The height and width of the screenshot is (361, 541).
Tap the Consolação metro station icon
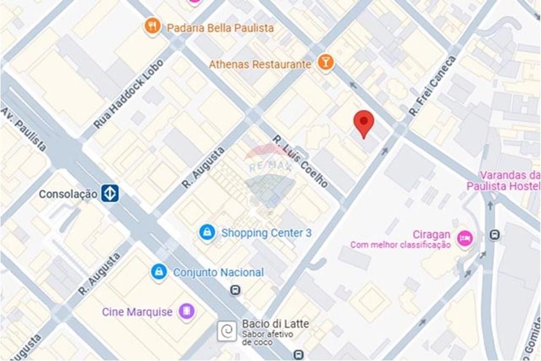[110, 193]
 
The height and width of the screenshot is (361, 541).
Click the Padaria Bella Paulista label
[220, 28]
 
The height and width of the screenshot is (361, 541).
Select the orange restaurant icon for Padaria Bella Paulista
[153, 25]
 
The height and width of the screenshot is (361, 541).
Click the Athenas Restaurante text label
[260, 64]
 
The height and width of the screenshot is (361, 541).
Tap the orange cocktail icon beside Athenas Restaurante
[326, 63]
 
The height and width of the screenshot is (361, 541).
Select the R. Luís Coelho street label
[300, 161]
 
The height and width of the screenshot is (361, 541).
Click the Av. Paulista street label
[24, 129]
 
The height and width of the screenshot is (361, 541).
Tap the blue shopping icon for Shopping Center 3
[207, 233]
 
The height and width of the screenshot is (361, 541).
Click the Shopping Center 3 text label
[266, 233]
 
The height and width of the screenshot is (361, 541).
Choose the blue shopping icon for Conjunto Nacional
[159, 272]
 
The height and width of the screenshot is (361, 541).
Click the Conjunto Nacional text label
[219, 272]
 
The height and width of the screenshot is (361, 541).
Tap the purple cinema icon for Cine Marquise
[187, 311]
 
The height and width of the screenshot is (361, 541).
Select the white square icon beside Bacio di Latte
[227, 330]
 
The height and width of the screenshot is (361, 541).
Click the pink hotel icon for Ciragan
[464, 238]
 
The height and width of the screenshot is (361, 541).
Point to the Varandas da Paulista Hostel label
[503, 181]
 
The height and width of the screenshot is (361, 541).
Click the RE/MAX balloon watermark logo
[270, 173]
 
